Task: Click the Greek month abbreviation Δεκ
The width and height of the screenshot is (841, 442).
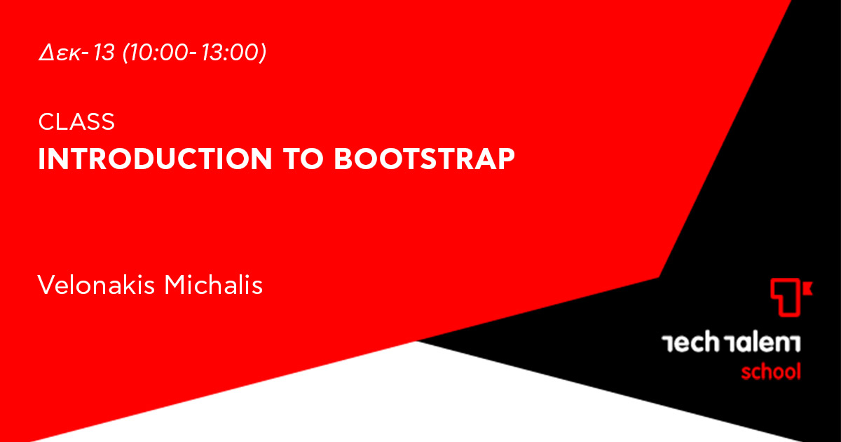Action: tap(60, 52)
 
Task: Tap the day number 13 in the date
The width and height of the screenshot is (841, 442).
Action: tap(104, 52)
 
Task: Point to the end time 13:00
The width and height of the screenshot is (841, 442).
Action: tap(229, 52)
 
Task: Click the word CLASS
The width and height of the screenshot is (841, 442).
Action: tap(76, 121)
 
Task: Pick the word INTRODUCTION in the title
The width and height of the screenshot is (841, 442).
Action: tap(155, 159)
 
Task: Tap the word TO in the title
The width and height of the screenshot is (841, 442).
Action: tap(303, 159)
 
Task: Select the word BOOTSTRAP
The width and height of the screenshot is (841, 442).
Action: tap(424, 159)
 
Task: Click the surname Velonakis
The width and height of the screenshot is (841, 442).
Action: tap(96, 285)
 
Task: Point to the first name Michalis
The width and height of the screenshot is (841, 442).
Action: tap(214, 285)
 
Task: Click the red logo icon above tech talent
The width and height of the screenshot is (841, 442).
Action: tap(791, 297)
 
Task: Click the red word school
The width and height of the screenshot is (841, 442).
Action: tap(771, 372)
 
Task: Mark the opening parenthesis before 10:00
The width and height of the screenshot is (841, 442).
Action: tap(126, 53)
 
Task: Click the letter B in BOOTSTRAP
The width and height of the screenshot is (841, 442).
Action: tap(343, 159)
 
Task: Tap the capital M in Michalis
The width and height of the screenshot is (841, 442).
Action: tap(176, 285)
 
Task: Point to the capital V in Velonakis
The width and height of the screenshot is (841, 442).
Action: tap(48, 285)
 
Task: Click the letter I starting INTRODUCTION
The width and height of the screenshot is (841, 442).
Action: tap(41, 159)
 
